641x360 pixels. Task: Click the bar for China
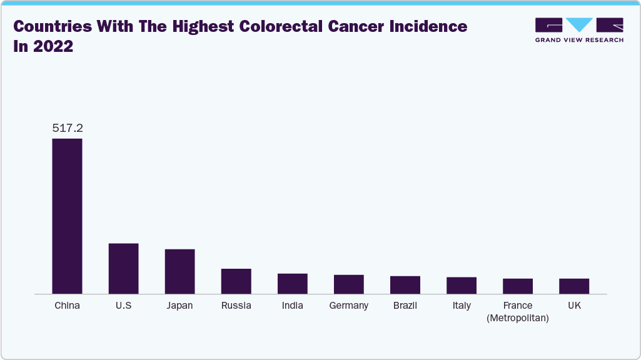tap(67, 216)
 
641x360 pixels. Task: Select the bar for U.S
tap(123, 268)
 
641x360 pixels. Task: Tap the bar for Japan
tap(179, 271)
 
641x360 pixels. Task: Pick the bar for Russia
tap(236, 281)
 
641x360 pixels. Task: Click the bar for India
tap(292, 283)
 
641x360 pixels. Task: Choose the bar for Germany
tap(348, 284)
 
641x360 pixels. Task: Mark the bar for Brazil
tap(405, 284)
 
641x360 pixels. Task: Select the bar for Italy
tap(461, 285)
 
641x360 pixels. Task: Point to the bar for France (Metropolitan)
tap(517, 286)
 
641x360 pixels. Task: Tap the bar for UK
tap(573, 286)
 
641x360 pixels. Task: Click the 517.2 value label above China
tap(67, 128)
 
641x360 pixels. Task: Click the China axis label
tap(67, 306)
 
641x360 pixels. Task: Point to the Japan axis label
tap(179, 306)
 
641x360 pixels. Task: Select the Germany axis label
tap(348, 306)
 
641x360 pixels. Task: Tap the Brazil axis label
tap(405, 306)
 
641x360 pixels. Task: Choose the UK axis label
tap(573, 306)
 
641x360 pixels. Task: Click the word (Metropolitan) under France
tap(517, 318)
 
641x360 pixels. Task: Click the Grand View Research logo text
tap(579, 40)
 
